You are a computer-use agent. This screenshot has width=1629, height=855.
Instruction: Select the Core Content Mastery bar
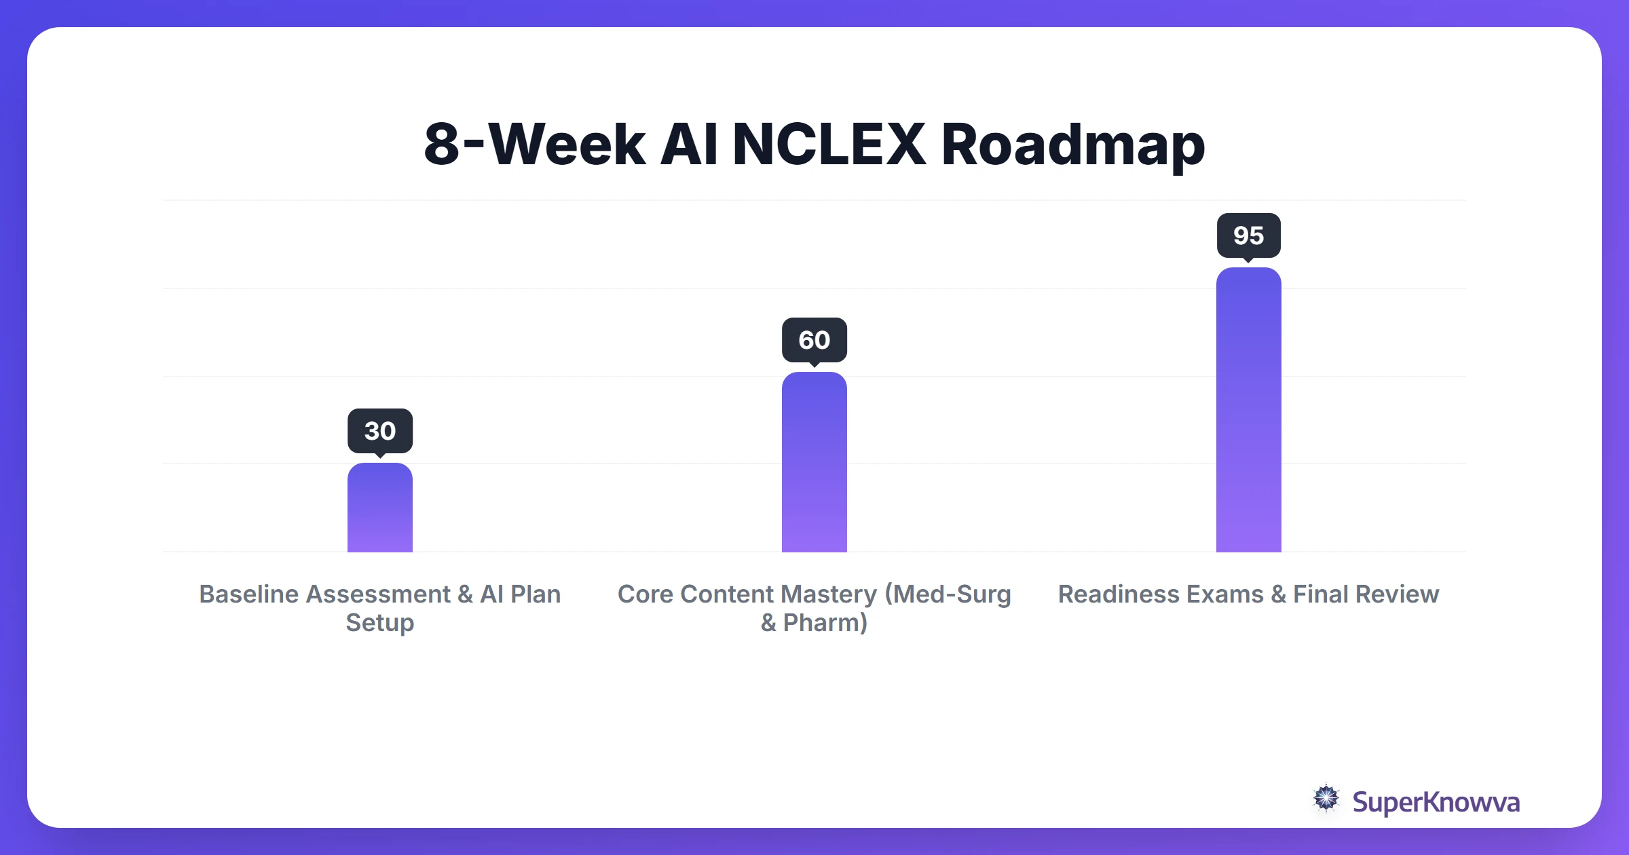814,462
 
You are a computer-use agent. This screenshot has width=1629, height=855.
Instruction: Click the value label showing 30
380,431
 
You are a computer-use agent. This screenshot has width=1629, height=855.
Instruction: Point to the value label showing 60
814,340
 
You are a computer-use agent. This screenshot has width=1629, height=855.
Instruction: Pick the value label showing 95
1249,235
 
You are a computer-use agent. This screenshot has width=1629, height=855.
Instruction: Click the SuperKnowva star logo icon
1326,799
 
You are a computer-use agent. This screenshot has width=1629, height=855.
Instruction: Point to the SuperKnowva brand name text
1436,802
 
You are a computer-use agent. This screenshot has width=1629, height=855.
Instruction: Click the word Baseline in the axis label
248,594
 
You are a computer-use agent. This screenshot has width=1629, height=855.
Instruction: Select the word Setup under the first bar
380,623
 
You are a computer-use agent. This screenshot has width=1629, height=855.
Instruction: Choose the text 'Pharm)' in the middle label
825,623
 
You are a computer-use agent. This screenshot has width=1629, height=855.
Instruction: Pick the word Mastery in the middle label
829,594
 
